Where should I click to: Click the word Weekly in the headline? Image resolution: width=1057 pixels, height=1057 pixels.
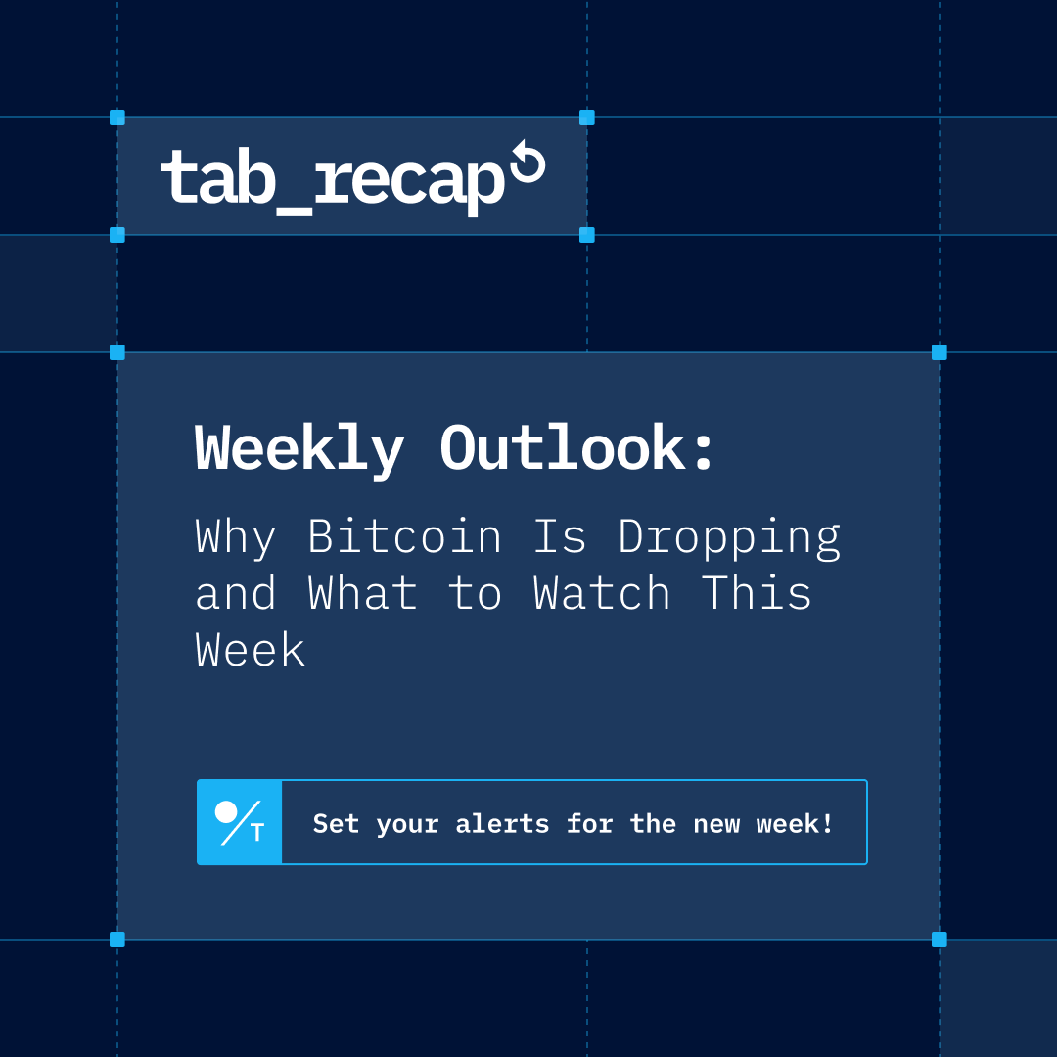(x=299, y=450)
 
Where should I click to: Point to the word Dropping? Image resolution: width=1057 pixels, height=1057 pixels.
(x=729, y=538)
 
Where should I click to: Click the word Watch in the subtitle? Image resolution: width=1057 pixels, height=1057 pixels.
(x=602, y=593)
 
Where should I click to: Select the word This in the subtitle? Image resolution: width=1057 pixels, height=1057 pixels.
(x=757, y=593)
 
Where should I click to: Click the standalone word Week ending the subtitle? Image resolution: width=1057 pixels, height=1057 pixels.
(x=251, y=650)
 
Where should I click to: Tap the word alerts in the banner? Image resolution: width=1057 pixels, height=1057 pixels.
(x=502, y=824)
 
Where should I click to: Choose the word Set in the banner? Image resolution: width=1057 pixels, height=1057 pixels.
(x=336, y=824)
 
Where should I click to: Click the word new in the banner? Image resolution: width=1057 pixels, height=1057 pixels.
(x=716, y=824)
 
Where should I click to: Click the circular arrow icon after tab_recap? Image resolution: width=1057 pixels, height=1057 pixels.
(x=528, y=163)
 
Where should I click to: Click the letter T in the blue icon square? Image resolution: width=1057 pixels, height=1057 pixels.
(x=257, y=834)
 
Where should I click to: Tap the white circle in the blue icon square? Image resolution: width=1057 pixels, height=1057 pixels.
(x=226, y=811)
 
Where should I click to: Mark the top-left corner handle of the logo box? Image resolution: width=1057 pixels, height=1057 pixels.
(x=117, y=117)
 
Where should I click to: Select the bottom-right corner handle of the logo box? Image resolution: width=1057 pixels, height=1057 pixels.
(x=587, y=235)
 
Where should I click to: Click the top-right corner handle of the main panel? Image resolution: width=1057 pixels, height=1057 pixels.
(x=940, y=352)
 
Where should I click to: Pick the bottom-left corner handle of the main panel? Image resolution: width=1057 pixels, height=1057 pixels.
(x=117, y=940)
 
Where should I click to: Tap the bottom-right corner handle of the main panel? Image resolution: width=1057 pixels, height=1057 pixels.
(x=940, y=940)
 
